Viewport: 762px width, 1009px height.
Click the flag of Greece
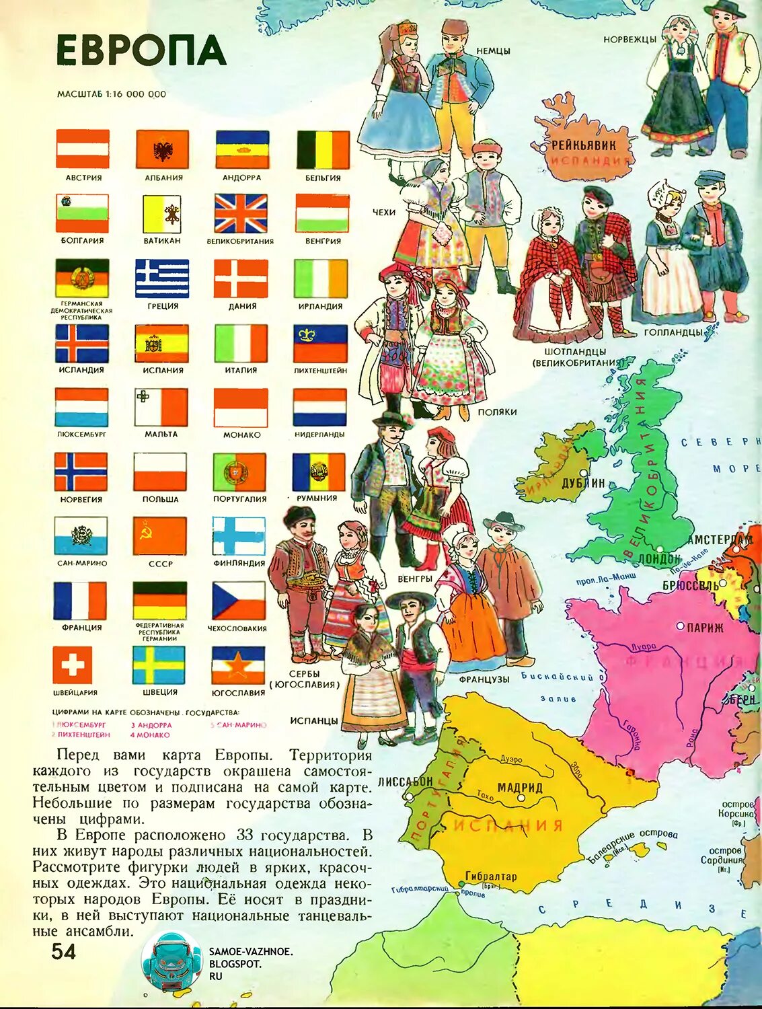(162, 278)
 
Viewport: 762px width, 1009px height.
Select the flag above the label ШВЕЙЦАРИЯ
(73, 665)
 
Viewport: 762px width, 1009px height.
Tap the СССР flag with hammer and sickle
(159, 535)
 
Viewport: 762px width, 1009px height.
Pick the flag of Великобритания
(241, 214)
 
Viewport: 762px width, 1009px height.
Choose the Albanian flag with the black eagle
(163, 149)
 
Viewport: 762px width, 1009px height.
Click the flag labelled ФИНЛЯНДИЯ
(239, 535)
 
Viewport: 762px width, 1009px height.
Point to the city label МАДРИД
(520, 787)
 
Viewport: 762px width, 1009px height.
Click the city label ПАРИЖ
(705, 628)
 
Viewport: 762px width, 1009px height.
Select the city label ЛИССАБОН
(406, 782)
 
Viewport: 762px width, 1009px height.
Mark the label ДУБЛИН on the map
(584, 483)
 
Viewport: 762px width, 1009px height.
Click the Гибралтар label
(491, 876)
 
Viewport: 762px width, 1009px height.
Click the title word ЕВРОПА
(141, 50)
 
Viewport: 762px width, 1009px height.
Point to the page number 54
(63, 951)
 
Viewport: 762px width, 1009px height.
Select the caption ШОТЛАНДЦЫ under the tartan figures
(574, 352)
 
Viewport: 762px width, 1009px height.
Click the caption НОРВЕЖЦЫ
(630, 40)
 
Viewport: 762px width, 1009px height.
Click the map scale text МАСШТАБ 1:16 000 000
(112, 94)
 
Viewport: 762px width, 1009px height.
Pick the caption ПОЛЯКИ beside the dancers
(497, 412)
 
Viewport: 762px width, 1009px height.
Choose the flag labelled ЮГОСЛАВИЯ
(238, 665)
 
